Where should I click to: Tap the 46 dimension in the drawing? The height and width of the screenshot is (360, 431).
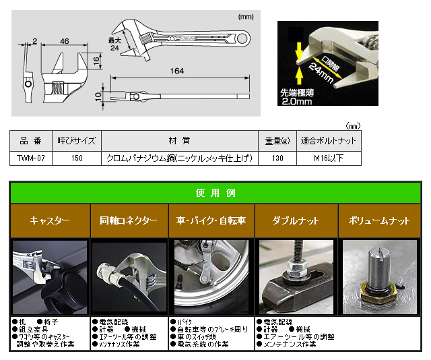(65, 42)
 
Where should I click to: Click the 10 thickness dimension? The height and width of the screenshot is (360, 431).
(98, 96)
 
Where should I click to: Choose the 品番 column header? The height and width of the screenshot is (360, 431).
(31, 141)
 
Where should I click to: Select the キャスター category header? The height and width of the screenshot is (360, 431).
(50, 221)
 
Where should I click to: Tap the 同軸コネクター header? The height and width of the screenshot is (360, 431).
(129, 221)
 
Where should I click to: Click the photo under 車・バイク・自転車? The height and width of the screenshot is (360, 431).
(211, 276)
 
